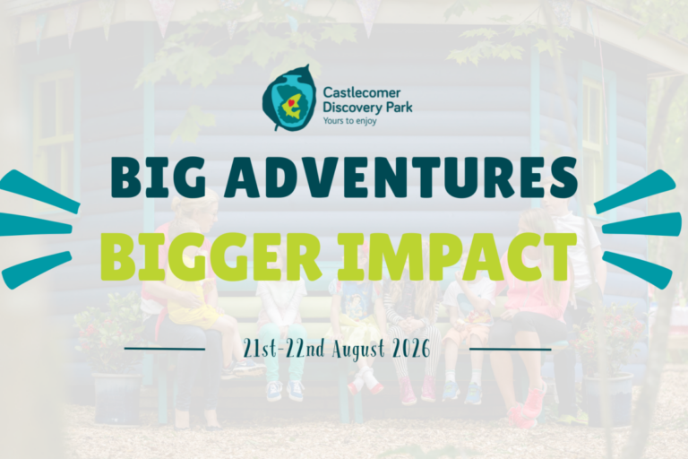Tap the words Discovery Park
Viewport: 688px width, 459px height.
pos(367,107)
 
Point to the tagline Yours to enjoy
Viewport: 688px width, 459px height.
pos(349,120)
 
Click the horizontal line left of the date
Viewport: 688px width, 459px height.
pos(165,350)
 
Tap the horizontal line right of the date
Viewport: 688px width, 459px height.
pos(511,350)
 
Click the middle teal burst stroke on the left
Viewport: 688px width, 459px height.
pos(35,225)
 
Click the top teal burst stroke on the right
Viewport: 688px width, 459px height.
pos(635,192)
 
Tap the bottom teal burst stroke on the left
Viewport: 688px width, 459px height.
pos(37,270)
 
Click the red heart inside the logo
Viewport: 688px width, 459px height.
pos(290,103)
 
